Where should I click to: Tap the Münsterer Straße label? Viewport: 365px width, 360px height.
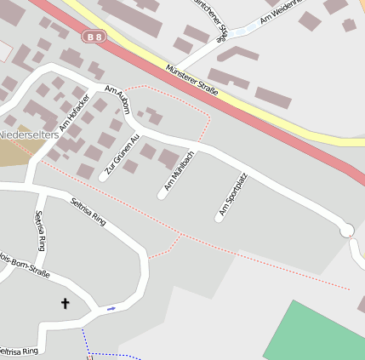[x=192, y=80]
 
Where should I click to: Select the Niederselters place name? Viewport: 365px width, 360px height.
[x=29, y=134]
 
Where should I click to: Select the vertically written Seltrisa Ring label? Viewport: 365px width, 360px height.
[x=39, y=231]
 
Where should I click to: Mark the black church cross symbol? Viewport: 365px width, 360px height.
[x=66, y=302]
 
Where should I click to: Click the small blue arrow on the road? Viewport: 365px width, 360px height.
[x=111, y=308]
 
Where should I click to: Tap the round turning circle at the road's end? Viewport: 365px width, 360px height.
[x=346, y=231]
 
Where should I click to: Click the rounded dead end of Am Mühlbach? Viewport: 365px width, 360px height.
[x=162, y=196]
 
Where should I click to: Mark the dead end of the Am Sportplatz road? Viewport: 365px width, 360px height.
[x=219, y=219]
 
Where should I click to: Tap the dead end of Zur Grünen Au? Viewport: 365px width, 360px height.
[x=103, y=178]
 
